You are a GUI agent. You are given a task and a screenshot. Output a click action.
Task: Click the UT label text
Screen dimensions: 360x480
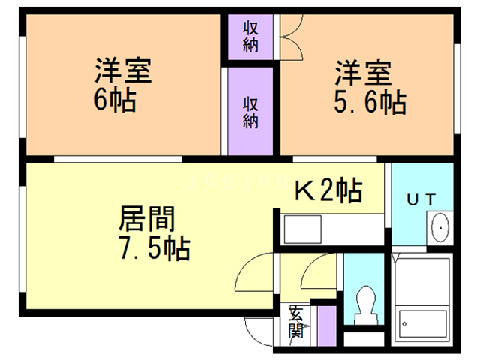tap(420, 199)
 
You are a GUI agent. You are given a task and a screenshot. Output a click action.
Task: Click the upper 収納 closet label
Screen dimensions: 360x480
tap(251, 36)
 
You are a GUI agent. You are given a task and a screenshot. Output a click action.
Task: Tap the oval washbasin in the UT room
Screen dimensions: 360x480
tap(439, 226)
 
